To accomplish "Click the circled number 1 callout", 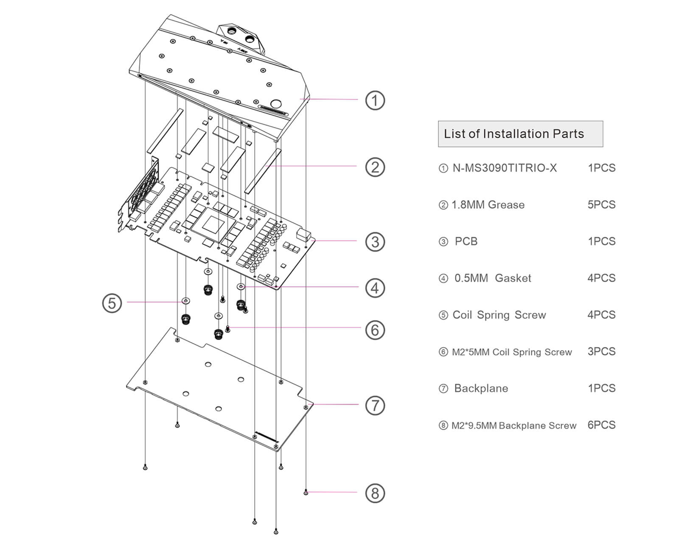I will [375, 101].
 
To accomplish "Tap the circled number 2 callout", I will [375, 167].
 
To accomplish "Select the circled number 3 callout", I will [375, 242].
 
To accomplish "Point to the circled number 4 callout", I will [375, 288].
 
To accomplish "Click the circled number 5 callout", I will [112, 303].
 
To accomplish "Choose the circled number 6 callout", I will [375, 330].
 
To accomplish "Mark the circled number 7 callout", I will [375, 405].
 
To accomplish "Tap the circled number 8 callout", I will [375, 493].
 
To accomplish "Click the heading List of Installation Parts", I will [514, 134].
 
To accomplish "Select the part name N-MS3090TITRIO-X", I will [505, 168].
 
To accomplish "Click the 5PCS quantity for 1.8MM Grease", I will [601, 205].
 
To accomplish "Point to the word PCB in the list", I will [466, 241].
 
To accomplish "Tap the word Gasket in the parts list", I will [513, 278].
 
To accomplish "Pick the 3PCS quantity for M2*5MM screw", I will [601, 351].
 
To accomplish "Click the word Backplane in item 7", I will [481, 388].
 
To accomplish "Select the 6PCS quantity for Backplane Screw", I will [601, 425].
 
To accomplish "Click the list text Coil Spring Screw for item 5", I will [499, 315].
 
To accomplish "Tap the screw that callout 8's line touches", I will [306, 492].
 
